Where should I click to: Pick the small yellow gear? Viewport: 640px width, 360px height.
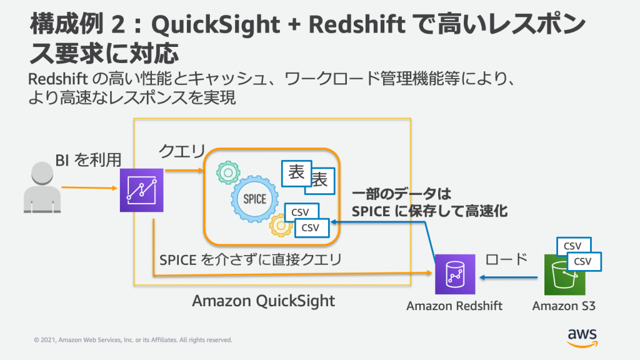281,226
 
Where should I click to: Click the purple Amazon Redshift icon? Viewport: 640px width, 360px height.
454,274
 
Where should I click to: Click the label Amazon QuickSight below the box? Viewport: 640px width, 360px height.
263,301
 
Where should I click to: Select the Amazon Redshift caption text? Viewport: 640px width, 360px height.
454,306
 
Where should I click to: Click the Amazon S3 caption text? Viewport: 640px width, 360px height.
564,306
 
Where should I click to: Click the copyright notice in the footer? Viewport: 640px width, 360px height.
132,340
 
